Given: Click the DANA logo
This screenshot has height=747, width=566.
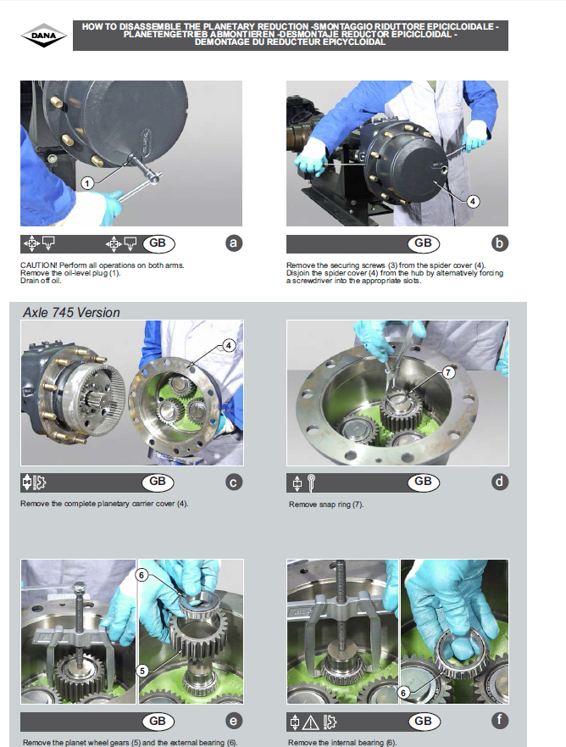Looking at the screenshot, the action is pyautogui.click(x=44, y=36).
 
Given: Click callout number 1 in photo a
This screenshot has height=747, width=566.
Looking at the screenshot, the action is pyautogui.click(x=87, y=183).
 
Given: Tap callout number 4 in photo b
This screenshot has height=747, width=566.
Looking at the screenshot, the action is pyautogui.click(x=472, y=202).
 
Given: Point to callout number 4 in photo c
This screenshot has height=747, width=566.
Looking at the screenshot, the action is pyautogui.click(x=229, y=345).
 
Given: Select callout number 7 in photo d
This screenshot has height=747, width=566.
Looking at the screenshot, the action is pyautogui.click(x=448, y=372).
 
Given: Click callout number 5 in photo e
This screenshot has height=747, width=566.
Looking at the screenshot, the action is pyautogui.click(x=142, y=671).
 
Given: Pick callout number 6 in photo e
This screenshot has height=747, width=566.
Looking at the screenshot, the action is pyautogui.click(x=141, y=575).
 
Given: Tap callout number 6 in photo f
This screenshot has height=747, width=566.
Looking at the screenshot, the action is pyautogui.click(x=403, y=693).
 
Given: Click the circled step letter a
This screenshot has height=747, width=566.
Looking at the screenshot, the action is pyautogui.click(x=233, y=243).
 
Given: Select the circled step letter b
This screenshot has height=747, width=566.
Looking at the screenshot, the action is pyautogui.click(x=499, y=243).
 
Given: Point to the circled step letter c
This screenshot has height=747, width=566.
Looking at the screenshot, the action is pyautogui.click(x=233, y=482).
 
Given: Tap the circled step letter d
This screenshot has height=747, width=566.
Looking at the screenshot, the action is pyautogui.click(x=499, y=482).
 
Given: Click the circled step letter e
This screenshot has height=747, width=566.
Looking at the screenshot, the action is pyautogui.click(x=233, y=721).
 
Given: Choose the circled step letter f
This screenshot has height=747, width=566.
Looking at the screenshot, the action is pyautogui.click(x=499, y=720).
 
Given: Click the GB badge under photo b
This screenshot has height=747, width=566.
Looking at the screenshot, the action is pyautogui.click(x=423, y=243).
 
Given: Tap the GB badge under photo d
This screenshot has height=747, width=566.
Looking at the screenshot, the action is pyautogui.click(x=423, y=482).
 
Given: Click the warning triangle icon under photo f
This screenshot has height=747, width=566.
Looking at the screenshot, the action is pyautogui.click(x=311, y=722).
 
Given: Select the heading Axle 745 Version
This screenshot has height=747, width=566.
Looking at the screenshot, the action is pyautogui.click(x=71, y=313).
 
